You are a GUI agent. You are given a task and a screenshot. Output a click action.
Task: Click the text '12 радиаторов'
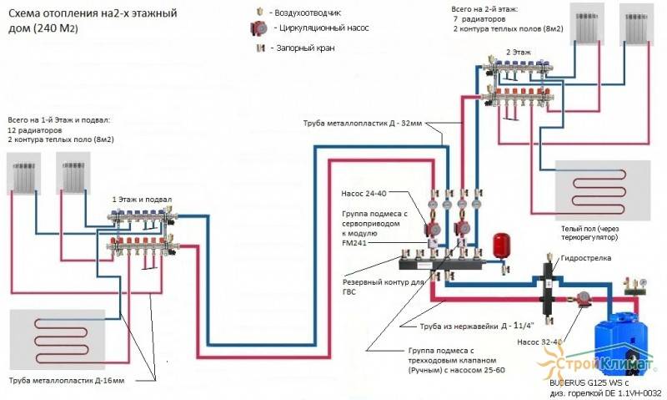(x=35, y=131)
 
